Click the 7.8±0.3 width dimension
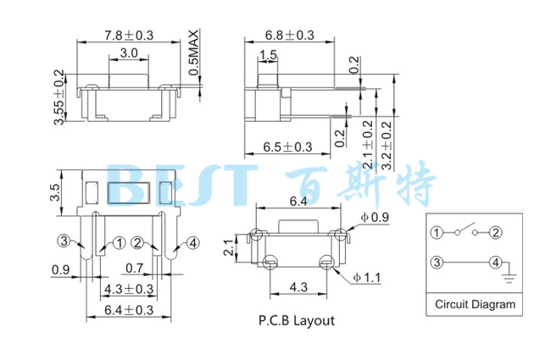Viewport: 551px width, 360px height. tap(129, 35)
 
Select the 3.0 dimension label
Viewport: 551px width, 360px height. tap(129, 53)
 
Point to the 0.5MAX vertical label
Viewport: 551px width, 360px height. tap(194, 53)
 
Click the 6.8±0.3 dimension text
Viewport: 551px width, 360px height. tap(289, 35)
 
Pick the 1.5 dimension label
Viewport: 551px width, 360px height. tap(268, 56)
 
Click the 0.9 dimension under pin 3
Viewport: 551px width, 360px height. tap(60, 270)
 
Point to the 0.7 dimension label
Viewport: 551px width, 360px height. tap(133, 269)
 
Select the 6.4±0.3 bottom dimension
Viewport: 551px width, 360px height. tap(128, 311)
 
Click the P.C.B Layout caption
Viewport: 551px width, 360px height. tap(296, 320)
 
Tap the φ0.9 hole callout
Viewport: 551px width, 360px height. tap(373, 218)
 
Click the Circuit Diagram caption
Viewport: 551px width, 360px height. tap(475, 304)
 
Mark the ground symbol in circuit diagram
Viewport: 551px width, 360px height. tap(509, 273)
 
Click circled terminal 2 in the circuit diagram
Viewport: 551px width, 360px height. tap(496, 232)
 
